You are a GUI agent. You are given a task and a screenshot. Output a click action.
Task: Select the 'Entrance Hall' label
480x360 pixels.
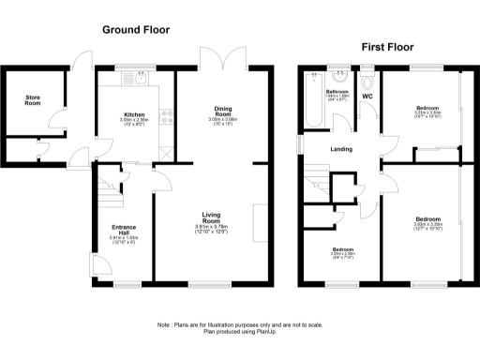point(124,230)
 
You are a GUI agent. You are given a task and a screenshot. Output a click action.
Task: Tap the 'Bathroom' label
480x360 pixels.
point(337,91)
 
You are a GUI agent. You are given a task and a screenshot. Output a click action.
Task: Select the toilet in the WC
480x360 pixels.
point(367,81)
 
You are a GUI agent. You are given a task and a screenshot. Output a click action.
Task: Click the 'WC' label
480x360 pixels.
point(367,97)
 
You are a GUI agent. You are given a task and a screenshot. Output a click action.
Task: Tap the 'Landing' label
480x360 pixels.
point(340,149)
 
